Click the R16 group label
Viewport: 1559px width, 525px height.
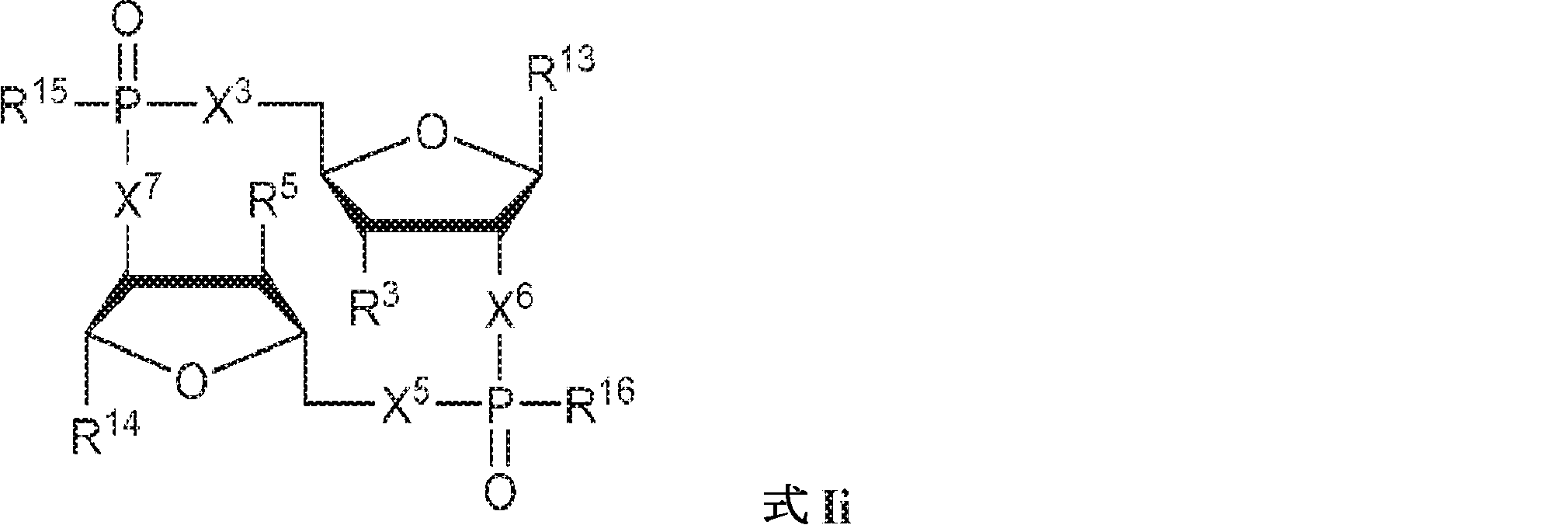tap(598, 403)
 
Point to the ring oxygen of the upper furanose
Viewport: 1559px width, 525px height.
tap(432, 133)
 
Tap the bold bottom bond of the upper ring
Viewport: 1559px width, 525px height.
tap(431, 226)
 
